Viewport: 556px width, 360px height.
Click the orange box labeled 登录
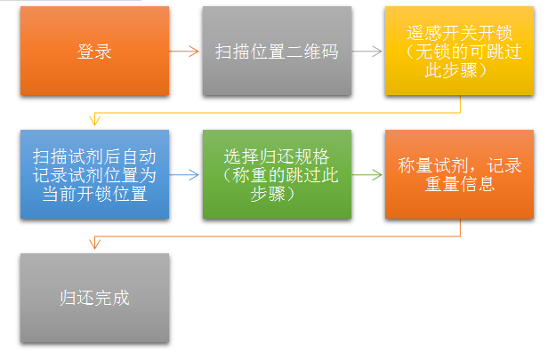click(94, 51)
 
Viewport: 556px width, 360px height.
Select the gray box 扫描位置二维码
click(277, 51)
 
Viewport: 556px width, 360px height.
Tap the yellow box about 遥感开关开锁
click(459, 51)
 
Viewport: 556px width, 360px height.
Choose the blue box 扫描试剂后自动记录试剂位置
click(94, 174)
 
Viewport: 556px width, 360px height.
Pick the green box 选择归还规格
click(277, 174)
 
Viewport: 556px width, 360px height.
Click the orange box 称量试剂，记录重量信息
click(459, 174)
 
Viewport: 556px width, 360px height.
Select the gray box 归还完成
click(94, 298)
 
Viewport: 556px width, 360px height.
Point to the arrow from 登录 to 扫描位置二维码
click(185, 51)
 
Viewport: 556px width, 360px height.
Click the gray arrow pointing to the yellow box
click(367, 51)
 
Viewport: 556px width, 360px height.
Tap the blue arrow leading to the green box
click(185, 174)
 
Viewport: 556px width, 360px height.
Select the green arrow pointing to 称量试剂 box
click(367, 174)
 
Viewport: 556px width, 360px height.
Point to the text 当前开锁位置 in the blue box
click(94, 194)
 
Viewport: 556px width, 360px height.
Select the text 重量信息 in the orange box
click(459, 186)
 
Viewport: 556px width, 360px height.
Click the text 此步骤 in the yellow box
click(459, 69)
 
